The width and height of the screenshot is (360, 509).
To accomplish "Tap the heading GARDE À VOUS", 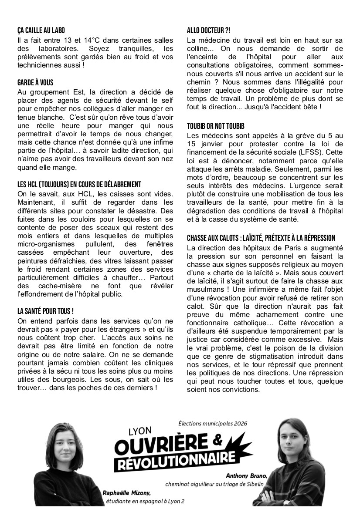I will (35, 83).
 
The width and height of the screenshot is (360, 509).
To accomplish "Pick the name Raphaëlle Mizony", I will (127, 493).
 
